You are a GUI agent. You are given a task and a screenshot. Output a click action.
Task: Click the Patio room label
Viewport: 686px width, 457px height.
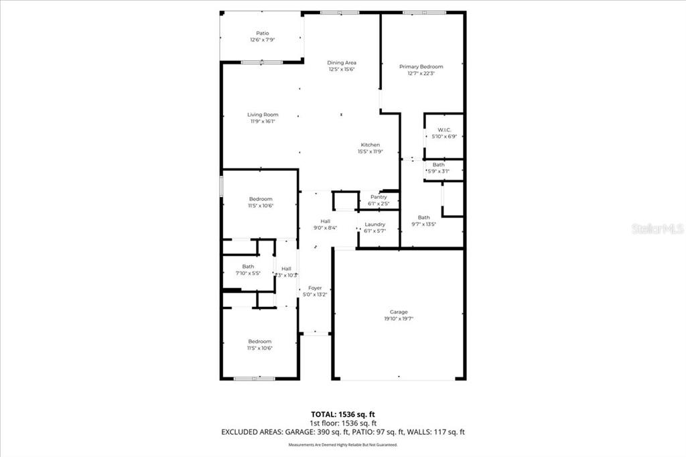[263, 33]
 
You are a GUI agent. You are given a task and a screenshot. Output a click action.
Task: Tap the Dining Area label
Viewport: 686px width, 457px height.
[341, 63]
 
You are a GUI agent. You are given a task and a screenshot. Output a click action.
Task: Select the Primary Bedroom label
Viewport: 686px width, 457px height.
[421, 67]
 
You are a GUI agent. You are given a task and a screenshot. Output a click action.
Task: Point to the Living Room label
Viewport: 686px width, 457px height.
[263, 115]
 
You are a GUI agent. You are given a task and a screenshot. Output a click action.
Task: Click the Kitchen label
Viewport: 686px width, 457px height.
[370, 145]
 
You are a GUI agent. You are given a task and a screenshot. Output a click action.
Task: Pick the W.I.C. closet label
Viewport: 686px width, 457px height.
[444, 130]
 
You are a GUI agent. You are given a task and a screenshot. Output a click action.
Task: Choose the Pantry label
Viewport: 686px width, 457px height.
[378, 197]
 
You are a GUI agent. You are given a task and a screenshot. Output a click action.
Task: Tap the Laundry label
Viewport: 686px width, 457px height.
[374, 224]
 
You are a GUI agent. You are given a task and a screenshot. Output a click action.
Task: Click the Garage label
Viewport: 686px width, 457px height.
[399, 312]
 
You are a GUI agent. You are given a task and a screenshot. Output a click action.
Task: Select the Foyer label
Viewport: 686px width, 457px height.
[315, 287]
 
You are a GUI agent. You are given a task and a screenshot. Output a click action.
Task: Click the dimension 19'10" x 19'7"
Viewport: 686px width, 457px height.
[399, 319]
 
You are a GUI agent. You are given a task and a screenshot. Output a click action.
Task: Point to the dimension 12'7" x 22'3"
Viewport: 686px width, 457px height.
[421, 74]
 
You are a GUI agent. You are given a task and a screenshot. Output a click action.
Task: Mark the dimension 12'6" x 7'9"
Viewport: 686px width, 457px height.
[263, 40]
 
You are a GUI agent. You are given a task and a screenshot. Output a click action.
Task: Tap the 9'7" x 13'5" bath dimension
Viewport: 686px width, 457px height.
[423, 224]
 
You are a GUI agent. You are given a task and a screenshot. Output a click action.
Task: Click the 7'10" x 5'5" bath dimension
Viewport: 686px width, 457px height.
[248, 273]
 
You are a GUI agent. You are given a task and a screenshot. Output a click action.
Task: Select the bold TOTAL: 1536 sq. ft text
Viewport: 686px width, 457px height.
[342, 413]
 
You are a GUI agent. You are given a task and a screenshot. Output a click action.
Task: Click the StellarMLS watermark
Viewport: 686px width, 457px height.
[657, 228]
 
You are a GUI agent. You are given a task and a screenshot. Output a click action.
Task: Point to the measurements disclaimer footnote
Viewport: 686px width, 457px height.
[342, 445]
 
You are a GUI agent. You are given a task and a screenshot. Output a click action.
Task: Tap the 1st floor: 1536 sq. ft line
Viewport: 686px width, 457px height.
[342, 423]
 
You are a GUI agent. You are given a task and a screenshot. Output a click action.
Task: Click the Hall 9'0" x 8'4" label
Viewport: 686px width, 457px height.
[325, 224]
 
